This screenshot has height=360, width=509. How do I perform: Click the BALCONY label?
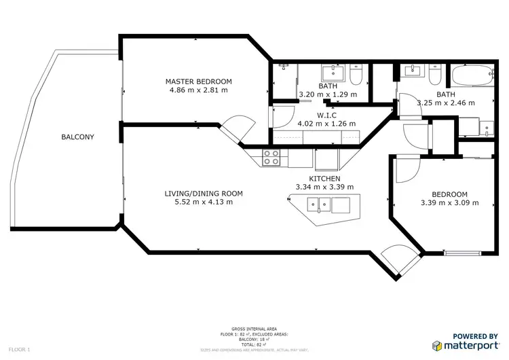[77, 137]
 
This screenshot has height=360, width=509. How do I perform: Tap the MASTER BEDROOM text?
[197, 82]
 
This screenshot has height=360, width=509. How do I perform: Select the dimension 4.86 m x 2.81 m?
[197, 90]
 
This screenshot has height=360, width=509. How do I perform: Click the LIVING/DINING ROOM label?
[204, 194]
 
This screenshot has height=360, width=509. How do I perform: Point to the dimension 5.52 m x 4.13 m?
[204, 202]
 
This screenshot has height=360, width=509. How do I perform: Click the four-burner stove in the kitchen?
[271, 158]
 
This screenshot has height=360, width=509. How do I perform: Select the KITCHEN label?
[324, 179]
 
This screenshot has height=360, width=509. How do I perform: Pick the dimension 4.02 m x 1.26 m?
[326, 124]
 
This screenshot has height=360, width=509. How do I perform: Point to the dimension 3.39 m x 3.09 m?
[449, 202]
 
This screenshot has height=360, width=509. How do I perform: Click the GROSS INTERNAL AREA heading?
[253, 327]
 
